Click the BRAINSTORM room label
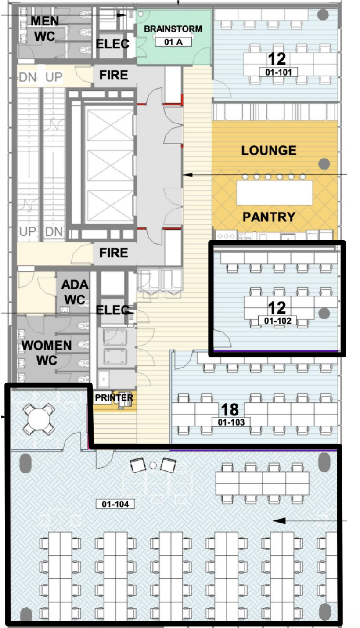[x=173, y=29]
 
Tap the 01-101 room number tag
[x=278, y=72]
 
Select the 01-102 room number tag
[x=277, y=321]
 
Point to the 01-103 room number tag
[x=231, y=422]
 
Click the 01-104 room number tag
[x=115, y=504]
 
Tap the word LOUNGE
[x=269, y=151]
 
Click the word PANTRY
[x=269, y=217]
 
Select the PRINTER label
[x=114, y=397]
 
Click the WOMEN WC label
[x=47, y=353]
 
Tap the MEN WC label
[x=45, y=29]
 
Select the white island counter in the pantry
[x=274, y=193]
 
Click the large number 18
[x=230, y=410]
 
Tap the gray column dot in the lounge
[x=324, y=164]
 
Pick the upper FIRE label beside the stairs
[x=114, y=75]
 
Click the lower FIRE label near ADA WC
[x=114, y=253]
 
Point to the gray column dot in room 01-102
[x=324, y=314]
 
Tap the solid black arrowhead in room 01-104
[x=279, y=520]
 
